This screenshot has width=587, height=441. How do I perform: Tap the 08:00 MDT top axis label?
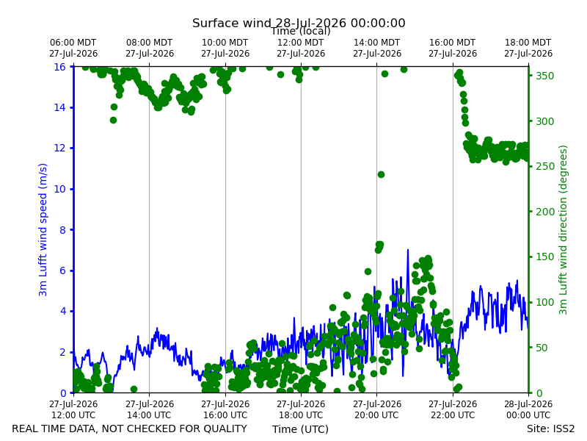[150, 48]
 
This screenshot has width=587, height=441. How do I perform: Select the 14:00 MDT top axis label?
[377, 48]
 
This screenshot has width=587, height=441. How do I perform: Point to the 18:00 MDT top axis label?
[528, 48]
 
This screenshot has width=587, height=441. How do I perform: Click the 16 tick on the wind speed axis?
[60, 67]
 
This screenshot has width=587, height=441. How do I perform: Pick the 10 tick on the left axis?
[60, 189]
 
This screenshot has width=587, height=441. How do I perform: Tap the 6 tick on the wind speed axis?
[63, 270]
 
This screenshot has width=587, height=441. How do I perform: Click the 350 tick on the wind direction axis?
[544, 76]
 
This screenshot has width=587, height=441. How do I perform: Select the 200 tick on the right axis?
[544, 212]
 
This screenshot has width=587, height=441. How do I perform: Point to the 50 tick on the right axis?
[542, 348]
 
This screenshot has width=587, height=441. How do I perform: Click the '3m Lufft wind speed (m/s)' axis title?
[43, 229]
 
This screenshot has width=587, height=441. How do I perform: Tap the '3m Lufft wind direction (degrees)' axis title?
[563, 230]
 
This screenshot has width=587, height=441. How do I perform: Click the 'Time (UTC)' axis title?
[300, 429]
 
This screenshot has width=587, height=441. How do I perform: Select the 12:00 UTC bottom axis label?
[73, 409]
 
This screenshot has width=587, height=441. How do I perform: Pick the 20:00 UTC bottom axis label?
[377, 409]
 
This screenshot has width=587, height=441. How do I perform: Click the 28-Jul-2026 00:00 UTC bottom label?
[528, 409]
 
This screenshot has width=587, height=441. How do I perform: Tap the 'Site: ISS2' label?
[550, 429]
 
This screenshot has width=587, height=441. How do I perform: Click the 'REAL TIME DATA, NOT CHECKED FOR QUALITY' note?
[130, 429]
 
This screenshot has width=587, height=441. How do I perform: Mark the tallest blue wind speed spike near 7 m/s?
[408, 250]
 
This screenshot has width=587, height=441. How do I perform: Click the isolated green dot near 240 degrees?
[381, 174]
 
